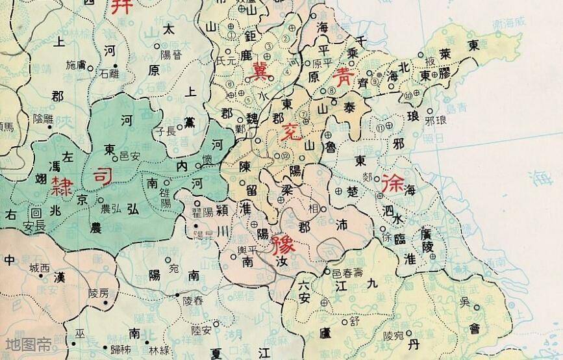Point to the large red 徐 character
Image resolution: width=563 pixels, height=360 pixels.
[x=394, y=183]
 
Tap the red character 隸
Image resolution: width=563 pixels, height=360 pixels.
[x=60, y=184]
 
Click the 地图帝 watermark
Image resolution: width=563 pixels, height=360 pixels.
[x=27, y=345]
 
